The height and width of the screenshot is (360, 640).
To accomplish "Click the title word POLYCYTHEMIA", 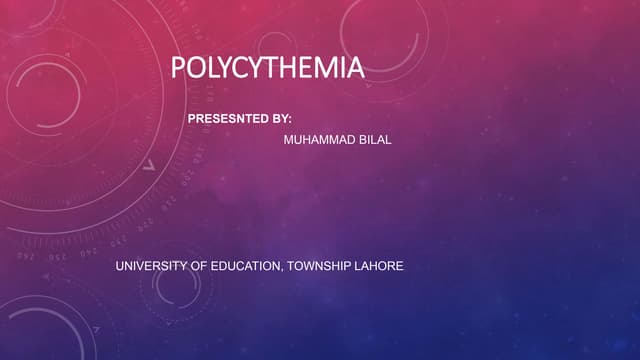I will pos(267,69).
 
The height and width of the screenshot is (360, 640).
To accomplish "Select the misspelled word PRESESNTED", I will pos(228,119).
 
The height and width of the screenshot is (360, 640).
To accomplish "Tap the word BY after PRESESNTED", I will pos(281,119).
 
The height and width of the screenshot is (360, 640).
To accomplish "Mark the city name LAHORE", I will pos(381,267).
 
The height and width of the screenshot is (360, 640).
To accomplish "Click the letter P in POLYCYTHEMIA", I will pos(178,69).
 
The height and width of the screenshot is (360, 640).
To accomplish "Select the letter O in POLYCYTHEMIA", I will pos(196,69).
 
